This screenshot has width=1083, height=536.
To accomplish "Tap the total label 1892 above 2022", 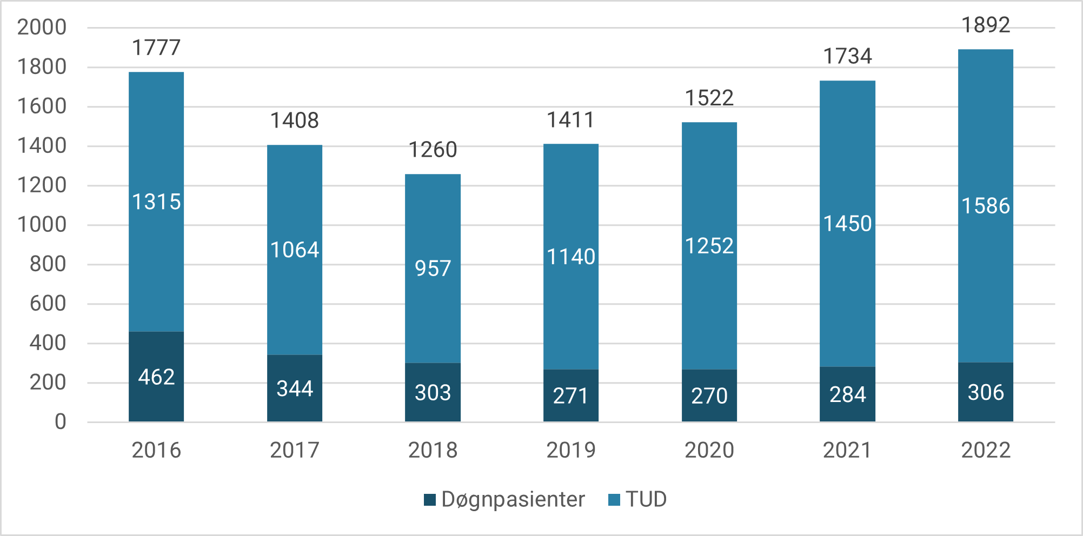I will [x=986, y=25].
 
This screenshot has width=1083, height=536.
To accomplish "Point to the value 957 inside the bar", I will [x=433, y=269].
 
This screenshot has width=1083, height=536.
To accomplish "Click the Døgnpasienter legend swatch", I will [x=430, y=500].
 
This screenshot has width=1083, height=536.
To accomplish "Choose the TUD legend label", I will [x=646, y=500].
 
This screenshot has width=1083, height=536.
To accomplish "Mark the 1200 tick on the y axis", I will [x=42, y=185].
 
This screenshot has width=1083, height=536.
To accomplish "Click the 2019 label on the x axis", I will [x=571, y=450].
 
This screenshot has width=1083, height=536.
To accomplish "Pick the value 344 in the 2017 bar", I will [x=295, y=388].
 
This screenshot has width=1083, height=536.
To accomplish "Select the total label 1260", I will [x=433, y=150].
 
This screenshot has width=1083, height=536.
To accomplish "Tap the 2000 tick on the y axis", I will [x=42, y=27].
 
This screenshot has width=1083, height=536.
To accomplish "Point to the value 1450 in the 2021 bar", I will [x=847, y=224].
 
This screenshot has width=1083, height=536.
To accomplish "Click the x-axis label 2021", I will [x=847, y=450].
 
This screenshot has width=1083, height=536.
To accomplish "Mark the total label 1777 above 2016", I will [x=156, y=48].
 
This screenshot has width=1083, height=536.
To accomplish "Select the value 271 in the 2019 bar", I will [x=571, y=396].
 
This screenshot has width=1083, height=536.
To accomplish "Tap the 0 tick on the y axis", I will [x=60, y=422].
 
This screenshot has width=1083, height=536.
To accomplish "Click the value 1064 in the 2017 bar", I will [x=295, y=250].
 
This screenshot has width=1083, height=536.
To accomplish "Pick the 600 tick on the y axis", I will [x=48, y=304].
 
